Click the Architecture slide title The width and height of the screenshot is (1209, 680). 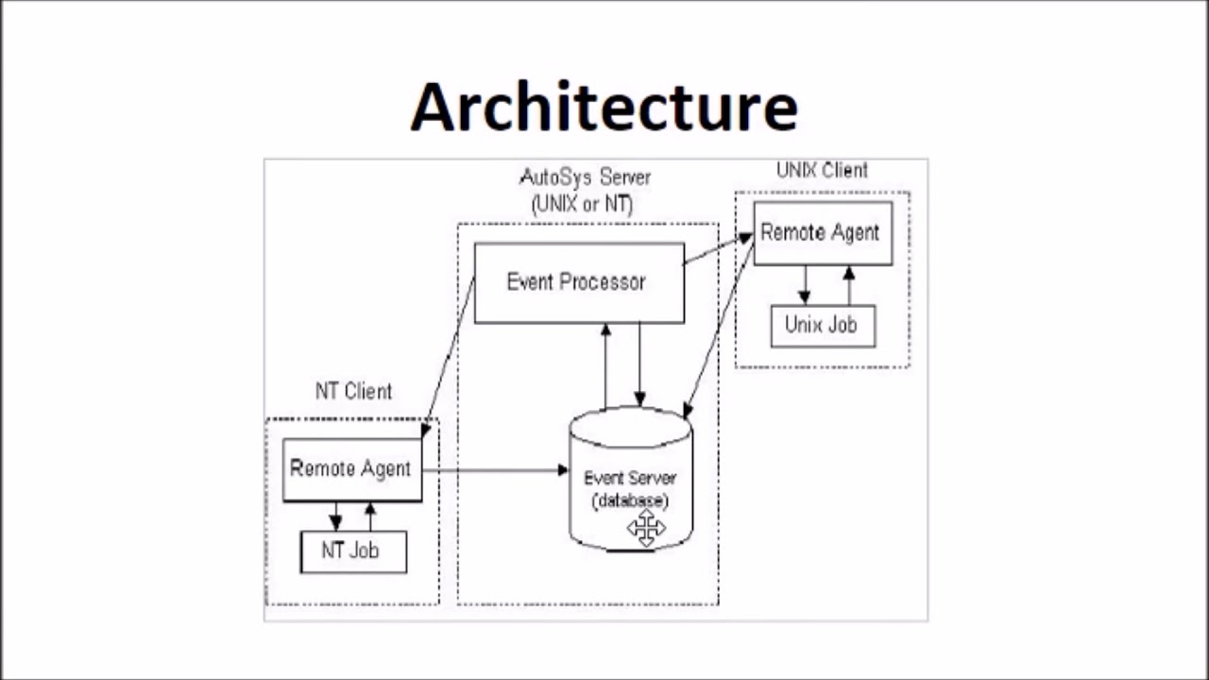click(x=604, y=106)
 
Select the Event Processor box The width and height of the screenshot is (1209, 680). click(x=579, y=282)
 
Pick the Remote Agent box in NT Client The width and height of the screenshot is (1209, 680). click(x=351, y=468)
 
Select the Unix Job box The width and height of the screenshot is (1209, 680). click(x=822, y=326)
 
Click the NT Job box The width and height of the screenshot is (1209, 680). click(x=352, y=552)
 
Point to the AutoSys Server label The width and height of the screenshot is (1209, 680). click(x=586, y=178)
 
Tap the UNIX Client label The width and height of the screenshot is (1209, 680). click(x=822, y=171)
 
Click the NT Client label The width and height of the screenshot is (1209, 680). click(x=353, y=391)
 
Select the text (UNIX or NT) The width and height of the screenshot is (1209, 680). click(x=583, y=204)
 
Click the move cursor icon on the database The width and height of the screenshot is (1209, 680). click(x=647, y=528)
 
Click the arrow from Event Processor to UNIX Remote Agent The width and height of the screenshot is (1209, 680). click(x=718, y=251)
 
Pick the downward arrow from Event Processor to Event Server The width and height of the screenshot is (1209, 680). click(x=639, y=365)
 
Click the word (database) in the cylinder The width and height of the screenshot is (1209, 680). click(x=630, y=501)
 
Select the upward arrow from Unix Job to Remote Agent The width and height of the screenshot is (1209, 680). click(x=848, y=285)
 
